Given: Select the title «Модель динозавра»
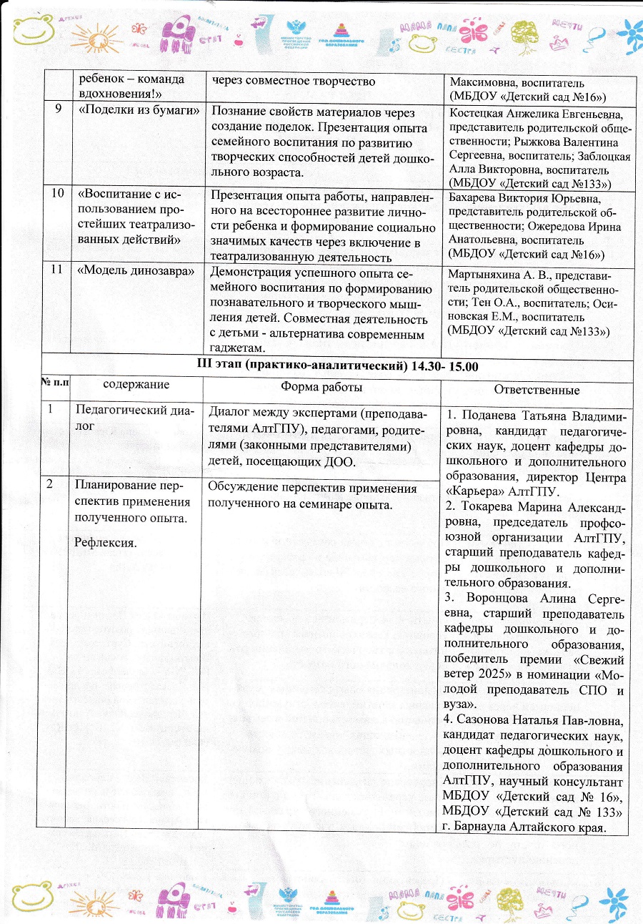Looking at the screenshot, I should [x=136, y=272].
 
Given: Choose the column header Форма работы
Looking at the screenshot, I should [x=321, y=386].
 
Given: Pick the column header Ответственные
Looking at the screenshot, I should [x=537, y=390].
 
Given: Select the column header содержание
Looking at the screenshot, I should [x=136, y=385].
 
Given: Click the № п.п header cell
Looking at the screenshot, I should [x=54, y=384].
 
